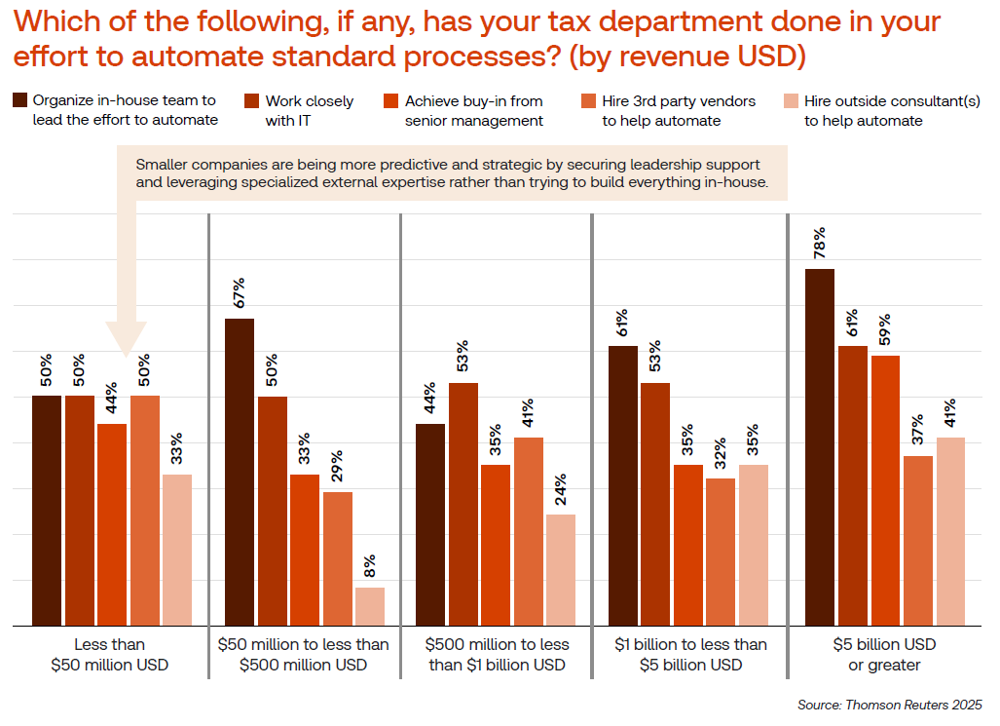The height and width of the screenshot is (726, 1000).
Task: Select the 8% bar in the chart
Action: click(x=369, y=606)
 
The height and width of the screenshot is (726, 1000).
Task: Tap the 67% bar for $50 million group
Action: click(x=240, y=472)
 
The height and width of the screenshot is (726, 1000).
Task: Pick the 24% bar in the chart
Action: click(x=561, y=569)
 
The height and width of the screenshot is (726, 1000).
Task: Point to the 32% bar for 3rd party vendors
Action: click(x=721, y=552)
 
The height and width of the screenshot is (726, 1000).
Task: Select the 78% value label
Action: click(x=819, y=240)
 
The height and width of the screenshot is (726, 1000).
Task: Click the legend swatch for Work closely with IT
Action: click(x=251, y=100)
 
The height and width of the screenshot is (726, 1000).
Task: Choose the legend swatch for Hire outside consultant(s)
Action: click(x=790, y=100)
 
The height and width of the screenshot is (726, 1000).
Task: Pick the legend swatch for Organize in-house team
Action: click(x=19, y=100)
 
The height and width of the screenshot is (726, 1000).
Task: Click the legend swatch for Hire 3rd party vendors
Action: click(x=587, y=100)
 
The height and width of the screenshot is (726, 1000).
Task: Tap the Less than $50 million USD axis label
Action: click(x=109, y=654)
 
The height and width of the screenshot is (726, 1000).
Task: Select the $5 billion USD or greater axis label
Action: click(x=884, y=654)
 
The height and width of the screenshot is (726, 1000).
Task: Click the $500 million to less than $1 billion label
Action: click(x=497, y=654)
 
